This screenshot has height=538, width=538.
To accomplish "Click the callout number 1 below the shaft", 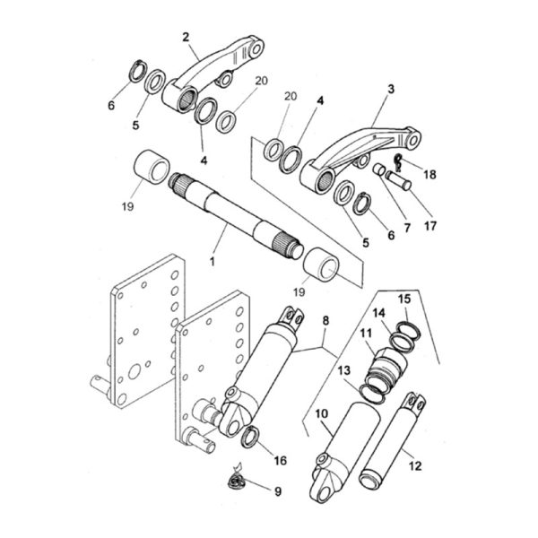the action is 213,262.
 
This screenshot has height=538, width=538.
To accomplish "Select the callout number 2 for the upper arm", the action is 186,37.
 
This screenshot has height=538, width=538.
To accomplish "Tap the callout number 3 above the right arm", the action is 391,89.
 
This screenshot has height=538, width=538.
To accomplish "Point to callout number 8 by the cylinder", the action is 325,321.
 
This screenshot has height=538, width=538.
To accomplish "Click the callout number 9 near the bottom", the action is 278,491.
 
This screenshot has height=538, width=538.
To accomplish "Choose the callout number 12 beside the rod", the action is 415,466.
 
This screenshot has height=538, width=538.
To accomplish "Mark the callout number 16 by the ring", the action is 281,461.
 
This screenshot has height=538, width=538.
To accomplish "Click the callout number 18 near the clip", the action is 430,175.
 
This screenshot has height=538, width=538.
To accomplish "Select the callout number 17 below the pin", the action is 430,226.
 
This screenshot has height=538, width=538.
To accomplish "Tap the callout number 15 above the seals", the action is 404,299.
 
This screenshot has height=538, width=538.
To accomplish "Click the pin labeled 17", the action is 398,180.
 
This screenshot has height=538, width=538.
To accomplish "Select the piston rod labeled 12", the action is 392,440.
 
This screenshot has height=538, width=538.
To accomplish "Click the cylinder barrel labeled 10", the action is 344,452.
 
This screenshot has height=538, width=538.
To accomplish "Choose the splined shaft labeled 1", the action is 237,215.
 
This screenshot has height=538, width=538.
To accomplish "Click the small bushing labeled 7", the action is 379,169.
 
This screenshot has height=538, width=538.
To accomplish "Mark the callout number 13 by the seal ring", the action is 344,370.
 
